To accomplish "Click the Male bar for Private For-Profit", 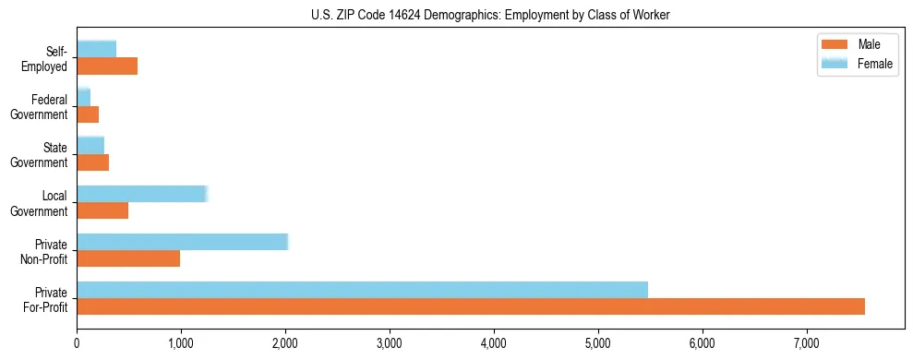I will tap(471, 306).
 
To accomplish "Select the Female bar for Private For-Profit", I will tap(362, 290).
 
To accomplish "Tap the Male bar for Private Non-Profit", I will tap(128, 258).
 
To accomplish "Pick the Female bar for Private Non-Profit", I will tap(183, 242).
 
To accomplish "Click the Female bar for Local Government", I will tap(142, 194).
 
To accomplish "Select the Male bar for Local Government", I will tap(102, 210).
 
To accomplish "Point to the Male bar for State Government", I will tap(93, 162).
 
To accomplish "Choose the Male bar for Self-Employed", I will tap(107, 66).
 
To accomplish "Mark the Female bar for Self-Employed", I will tap(97, 49).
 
